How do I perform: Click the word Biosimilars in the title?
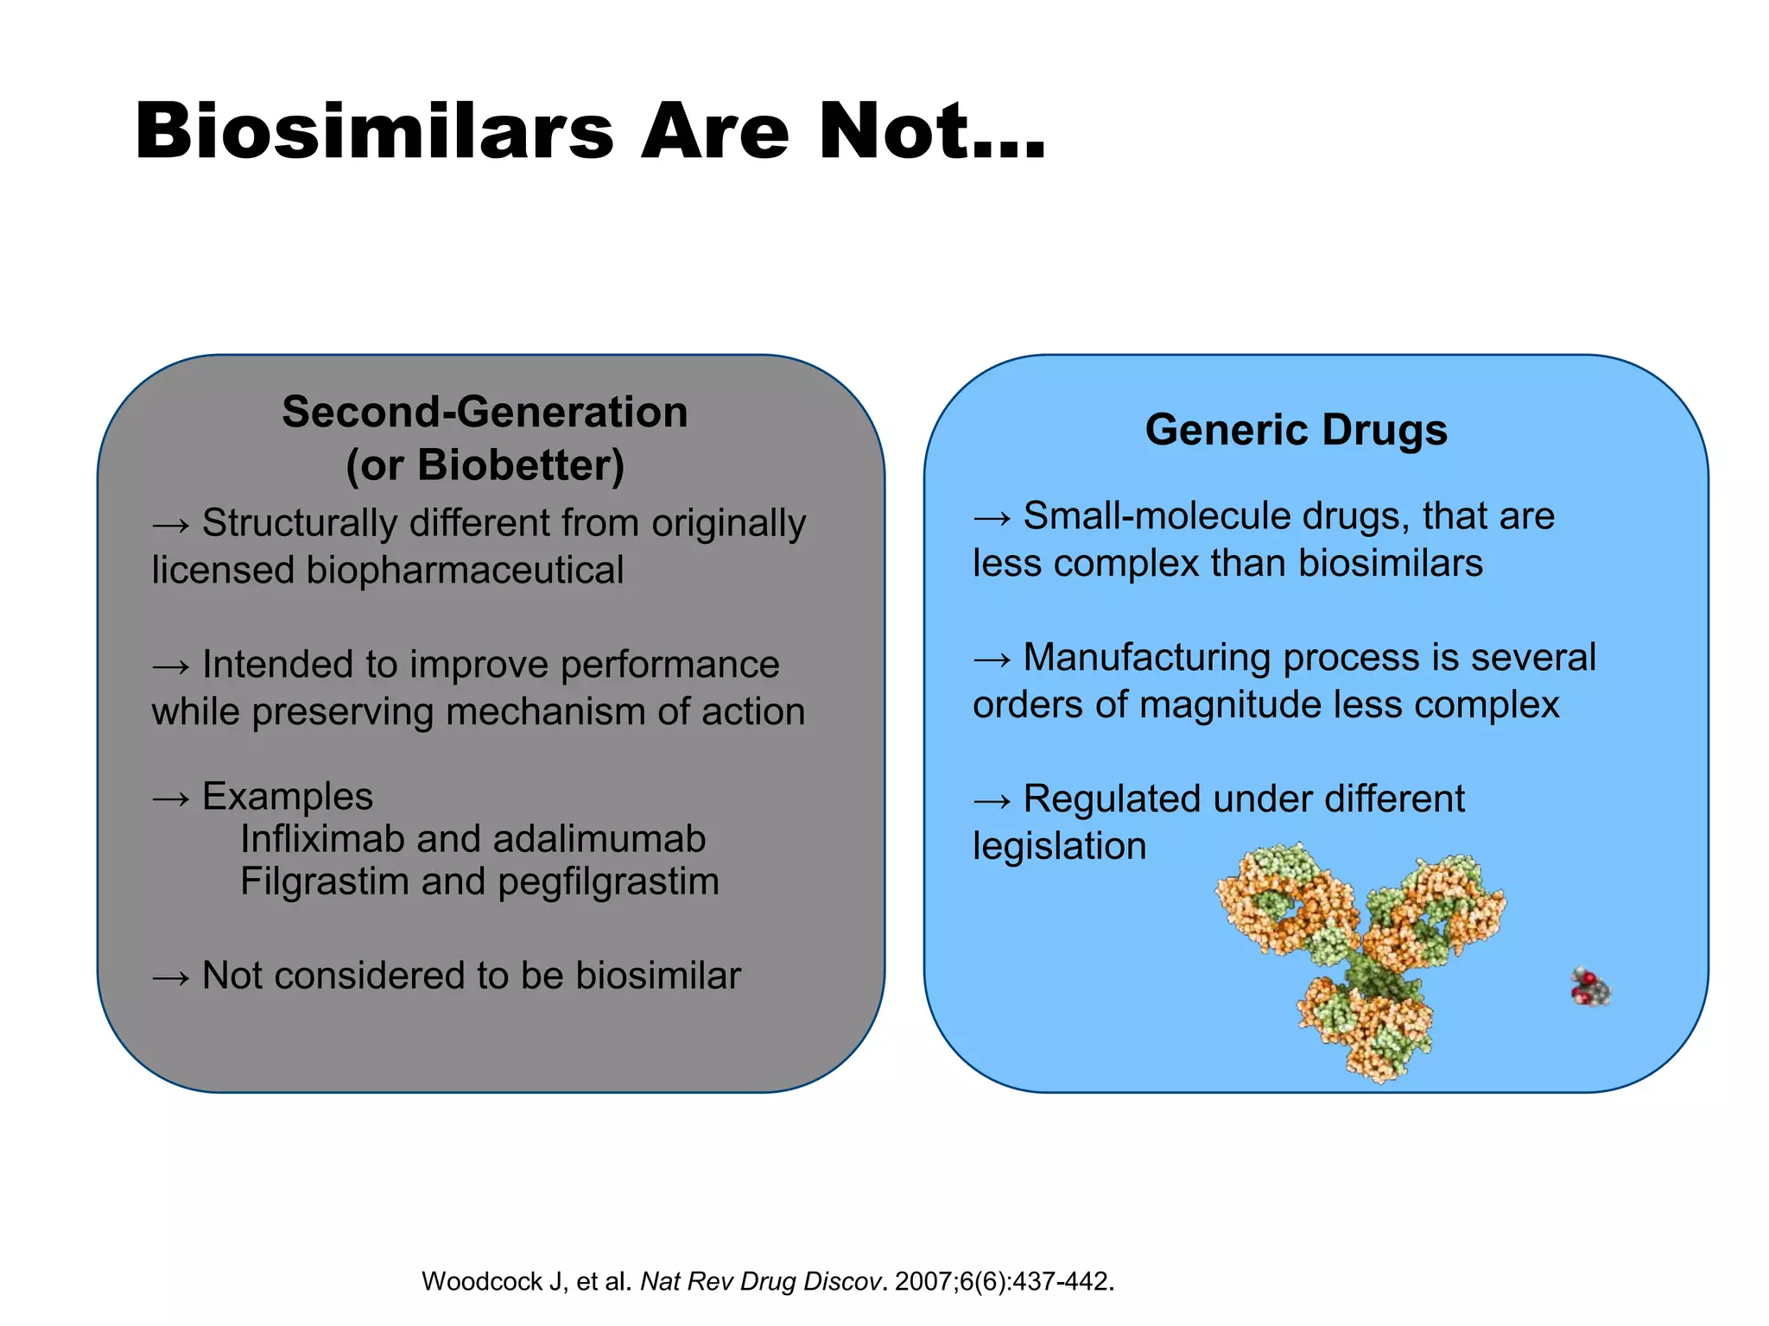pyautogui.click(x=373, y=132)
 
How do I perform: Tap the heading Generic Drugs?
pyautogui.click(x=1296, y=429)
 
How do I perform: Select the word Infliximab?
pyautogui.click(x=320, y=839)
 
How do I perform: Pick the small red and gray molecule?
pyautogui.click(x=1590, y=988)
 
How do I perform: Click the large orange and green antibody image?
pyautogui.click(x=1360, y=958)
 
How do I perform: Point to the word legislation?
pyautogui.click(x=1059, y=846)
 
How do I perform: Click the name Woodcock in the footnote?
pyautogui.click(x=482, y=1281)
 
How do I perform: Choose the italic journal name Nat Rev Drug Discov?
pyautogui.click(x=759, y=1281)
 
